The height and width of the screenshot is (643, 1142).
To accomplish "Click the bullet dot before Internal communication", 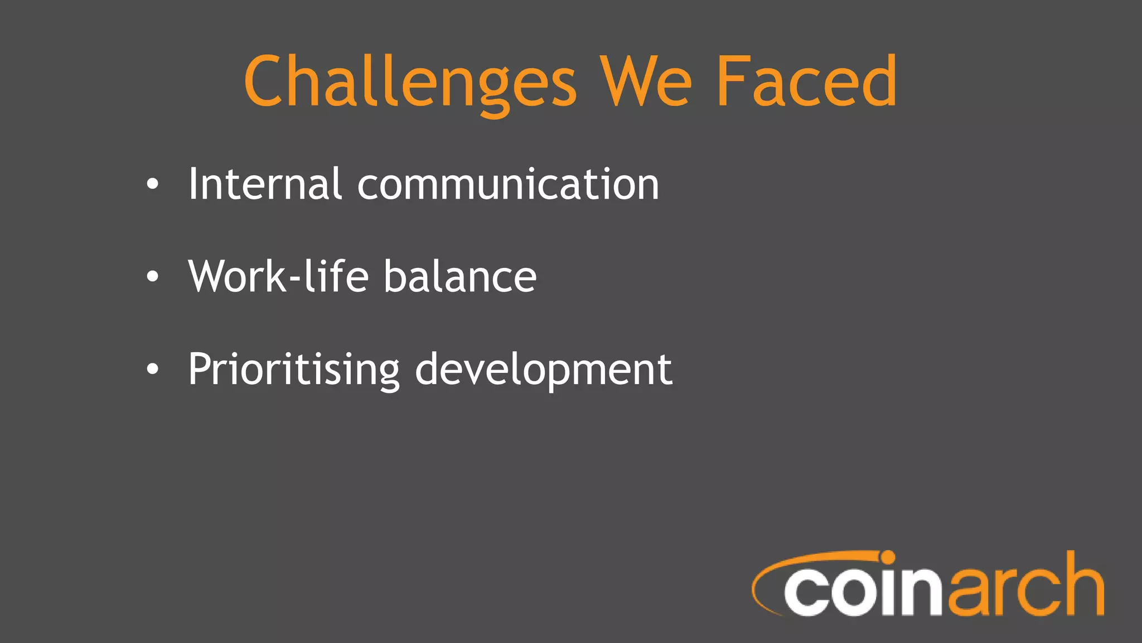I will [x=152, y=185].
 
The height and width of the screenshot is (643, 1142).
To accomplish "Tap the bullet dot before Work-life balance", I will [x=152, y=277].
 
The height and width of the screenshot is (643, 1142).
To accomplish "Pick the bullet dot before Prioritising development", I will [x=152, y=369].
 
